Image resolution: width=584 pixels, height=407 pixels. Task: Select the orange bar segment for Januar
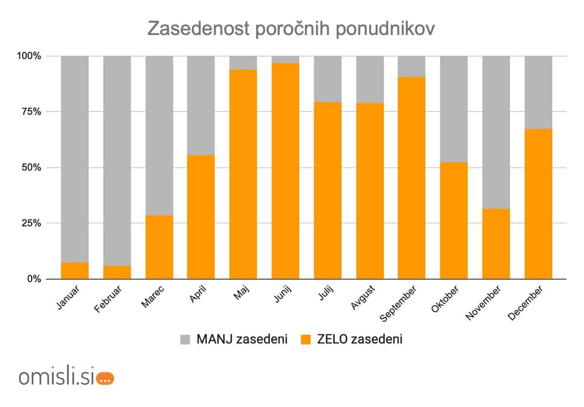pos(75,271)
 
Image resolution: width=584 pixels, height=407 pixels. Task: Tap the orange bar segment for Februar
pos(117,272)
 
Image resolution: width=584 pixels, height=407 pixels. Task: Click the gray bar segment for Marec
pos(159,135)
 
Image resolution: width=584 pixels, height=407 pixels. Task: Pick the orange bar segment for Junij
pos(285,170)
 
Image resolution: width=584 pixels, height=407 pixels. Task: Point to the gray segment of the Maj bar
pos(243,63)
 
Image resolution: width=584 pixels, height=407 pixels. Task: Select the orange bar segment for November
pos(496,243)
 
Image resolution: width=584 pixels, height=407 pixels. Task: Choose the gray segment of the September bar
pos(412,66)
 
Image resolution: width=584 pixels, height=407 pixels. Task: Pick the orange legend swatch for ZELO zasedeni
pos(306,340)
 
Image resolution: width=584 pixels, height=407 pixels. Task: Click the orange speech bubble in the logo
pos(105,378)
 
